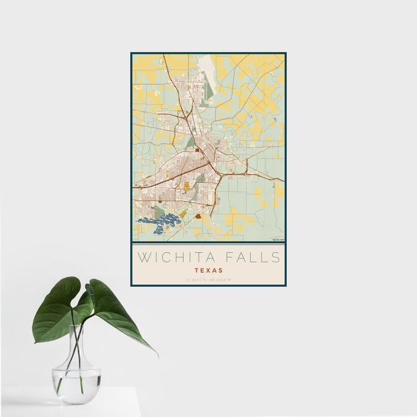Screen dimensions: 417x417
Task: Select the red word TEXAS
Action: [208, 270]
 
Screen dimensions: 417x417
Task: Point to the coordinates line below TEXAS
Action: [208, 279]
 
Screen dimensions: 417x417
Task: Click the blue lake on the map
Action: [158, 223]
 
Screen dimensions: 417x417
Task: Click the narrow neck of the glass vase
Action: [77, 340]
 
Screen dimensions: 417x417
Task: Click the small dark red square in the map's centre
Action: [197, 150]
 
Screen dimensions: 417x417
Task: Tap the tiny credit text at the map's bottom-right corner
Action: [278, 240]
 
